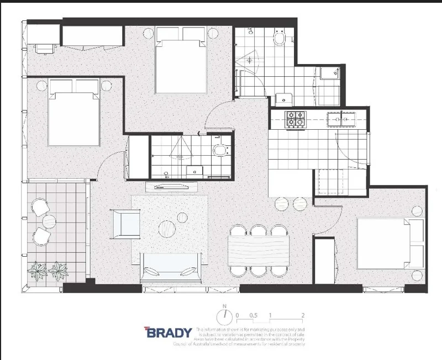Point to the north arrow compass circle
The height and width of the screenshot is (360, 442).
(x=224, y=317)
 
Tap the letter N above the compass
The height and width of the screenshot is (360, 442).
(x=224, y=305)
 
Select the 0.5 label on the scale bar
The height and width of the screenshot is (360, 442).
(x=254, y=315)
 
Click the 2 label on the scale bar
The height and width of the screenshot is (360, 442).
(x=303, y=315)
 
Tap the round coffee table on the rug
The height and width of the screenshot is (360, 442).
(x=167, y=227)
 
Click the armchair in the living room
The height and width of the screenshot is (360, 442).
(x=125, y=223)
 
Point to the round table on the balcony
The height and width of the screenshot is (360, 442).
(x=49, y=221)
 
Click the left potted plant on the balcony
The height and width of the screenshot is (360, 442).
(x=39, y=270)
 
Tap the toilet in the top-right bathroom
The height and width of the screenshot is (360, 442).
(x=279, y=40)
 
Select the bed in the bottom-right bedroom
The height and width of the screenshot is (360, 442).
(x=389, y=243)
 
